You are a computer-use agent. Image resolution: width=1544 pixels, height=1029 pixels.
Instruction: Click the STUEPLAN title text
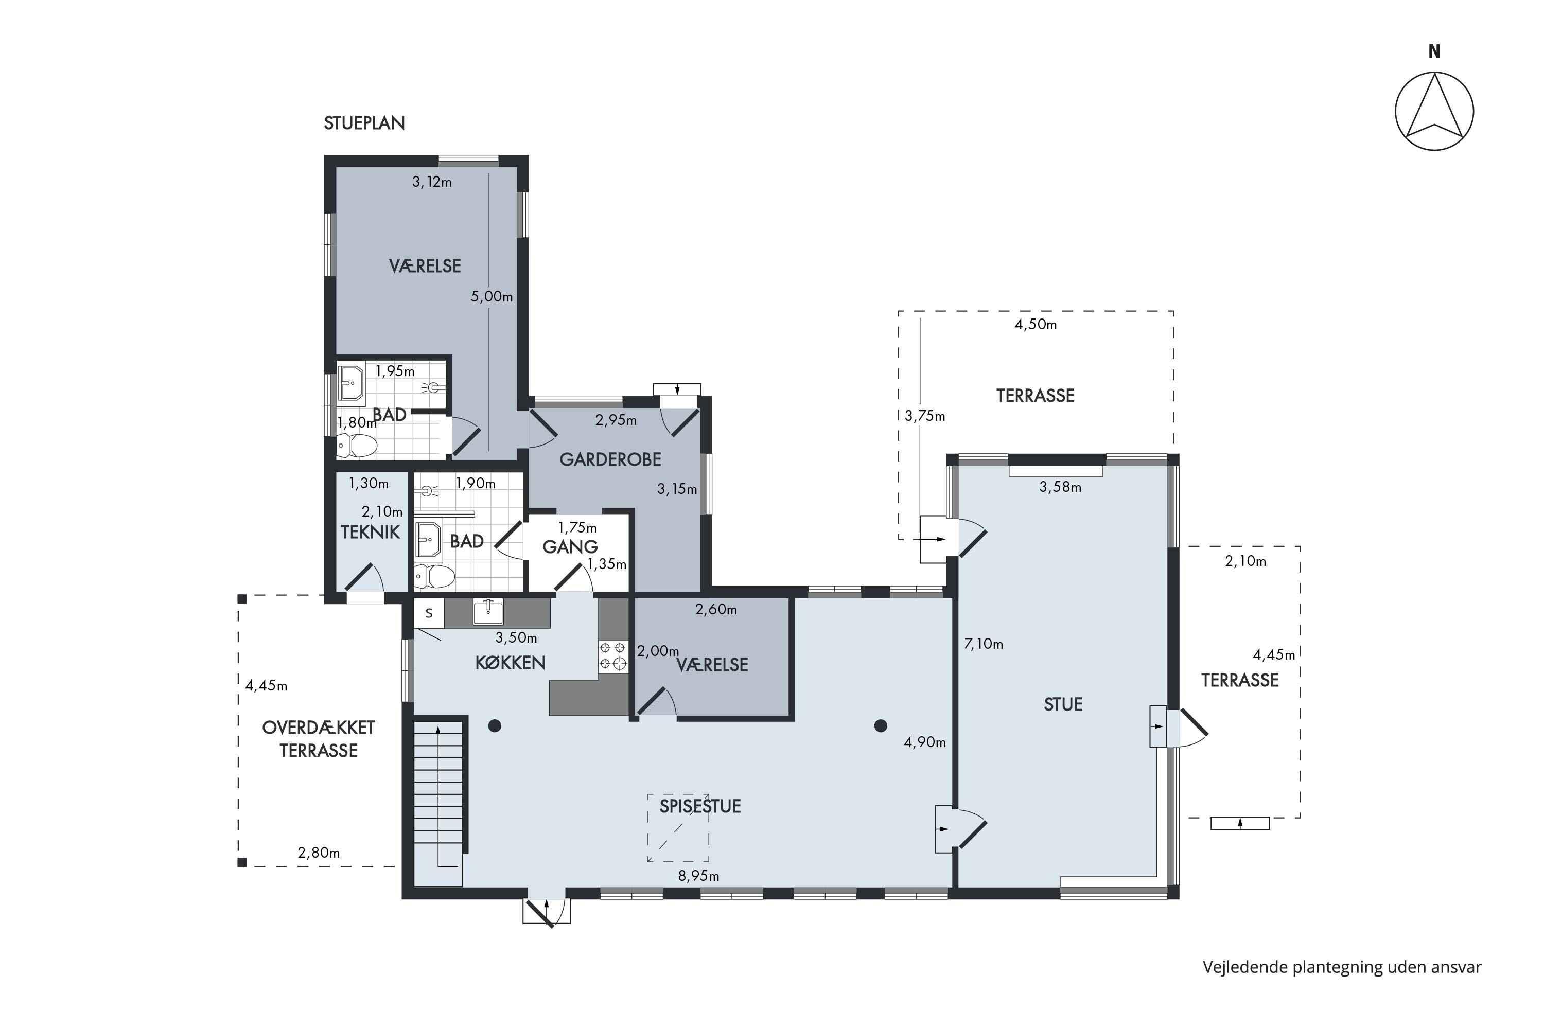point(364,123)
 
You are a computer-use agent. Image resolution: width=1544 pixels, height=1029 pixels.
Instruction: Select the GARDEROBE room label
point(610,459)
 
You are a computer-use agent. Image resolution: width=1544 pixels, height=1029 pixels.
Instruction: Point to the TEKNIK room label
point(370,532)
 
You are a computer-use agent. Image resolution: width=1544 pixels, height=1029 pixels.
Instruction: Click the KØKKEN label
point(510,663)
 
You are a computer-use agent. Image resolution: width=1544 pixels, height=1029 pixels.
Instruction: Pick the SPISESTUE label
point(700,806)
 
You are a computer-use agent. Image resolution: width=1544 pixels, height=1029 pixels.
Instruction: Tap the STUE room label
point(1063,705)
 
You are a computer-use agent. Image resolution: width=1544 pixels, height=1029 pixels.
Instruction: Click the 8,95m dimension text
point(698,876)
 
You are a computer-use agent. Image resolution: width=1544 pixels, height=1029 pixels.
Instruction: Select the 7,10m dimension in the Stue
point(984,644)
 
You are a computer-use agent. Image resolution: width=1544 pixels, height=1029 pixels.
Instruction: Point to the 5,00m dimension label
point(492,296)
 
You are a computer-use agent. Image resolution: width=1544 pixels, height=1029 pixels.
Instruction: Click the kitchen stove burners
point(612,657)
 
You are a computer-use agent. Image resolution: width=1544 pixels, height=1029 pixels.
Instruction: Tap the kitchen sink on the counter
point(488,612)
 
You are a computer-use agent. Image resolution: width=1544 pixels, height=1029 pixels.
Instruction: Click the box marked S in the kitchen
point(429,613)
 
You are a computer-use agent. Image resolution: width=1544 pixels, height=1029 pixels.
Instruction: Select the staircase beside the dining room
point(438,801)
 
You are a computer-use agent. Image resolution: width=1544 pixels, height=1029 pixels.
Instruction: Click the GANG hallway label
point(570,546)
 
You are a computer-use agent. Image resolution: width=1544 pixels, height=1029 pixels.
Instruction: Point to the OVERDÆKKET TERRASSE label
point(319,739)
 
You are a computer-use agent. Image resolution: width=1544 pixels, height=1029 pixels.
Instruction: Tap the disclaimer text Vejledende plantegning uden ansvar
point(1342,967)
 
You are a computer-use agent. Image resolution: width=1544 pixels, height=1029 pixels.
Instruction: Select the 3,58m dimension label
point(1060,487)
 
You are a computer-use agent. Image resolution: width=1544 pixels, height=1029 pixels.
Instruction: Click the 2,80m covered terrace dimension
point(319,853)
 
